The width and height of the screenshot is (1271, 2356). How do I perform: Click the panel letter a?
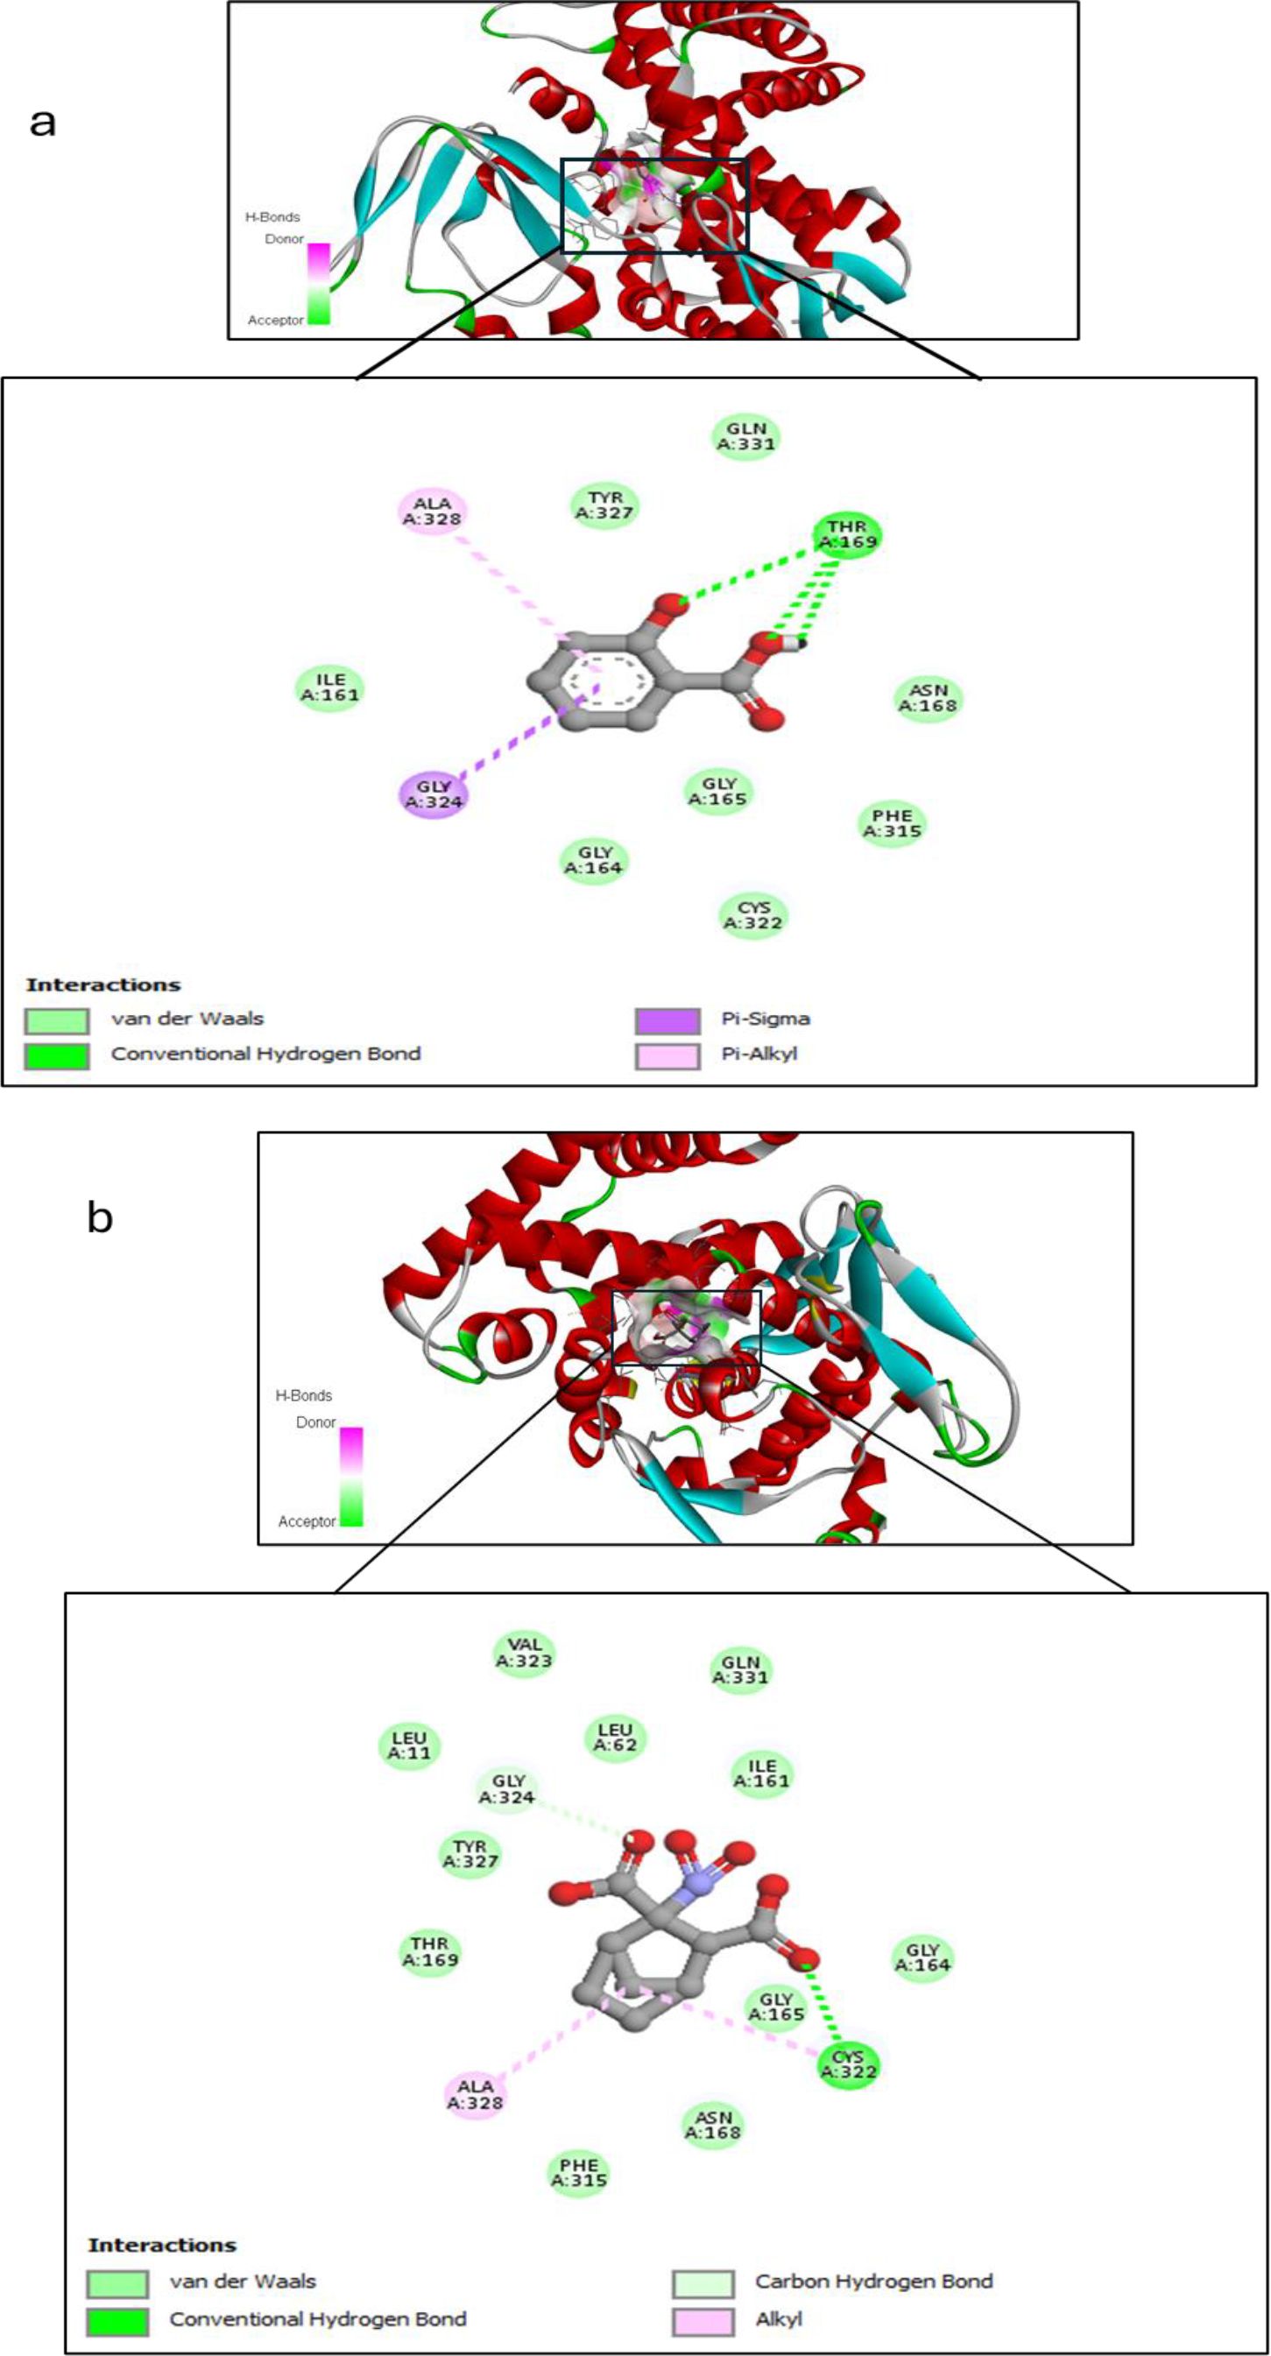coord(42,122)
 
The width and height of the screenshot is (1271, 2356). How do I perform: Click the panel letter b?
coord(100,1218)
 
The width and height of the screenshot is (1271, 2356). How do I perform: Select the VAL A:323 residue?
coord(525,1653)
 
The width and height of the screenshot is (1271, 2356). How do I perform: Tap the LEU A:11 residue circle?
coord(410,1745)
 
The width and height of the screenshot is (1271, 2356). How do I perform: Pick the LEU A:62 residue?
coord(616,1737)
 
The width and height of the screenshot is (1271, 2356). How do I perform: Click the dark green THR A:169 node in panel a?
coord(848,534)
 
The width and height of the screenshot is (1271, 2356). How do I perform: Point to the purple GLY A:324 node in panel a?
coord(434,794)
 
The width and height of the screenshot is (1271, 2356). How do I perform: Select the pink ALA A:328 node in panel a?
coord(433,511)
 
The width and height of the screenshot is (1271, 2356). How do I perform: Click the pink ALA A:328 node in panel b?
coord(476,2093)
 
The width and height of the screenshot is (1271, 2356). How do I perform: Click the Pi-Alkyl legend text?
coord(759,1054)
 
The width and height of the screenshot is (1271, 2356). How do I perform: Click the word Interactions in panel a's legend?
coord(103,985)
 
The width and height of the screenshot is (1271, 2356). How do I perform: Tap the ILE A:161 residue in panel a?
coord(330,687)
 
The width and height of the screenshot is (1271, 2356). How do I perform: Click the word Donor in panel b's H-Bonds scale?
coord(315,1423)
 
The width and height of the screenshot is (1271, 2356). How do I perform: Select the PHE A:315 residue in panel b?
coord(579,2172)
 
